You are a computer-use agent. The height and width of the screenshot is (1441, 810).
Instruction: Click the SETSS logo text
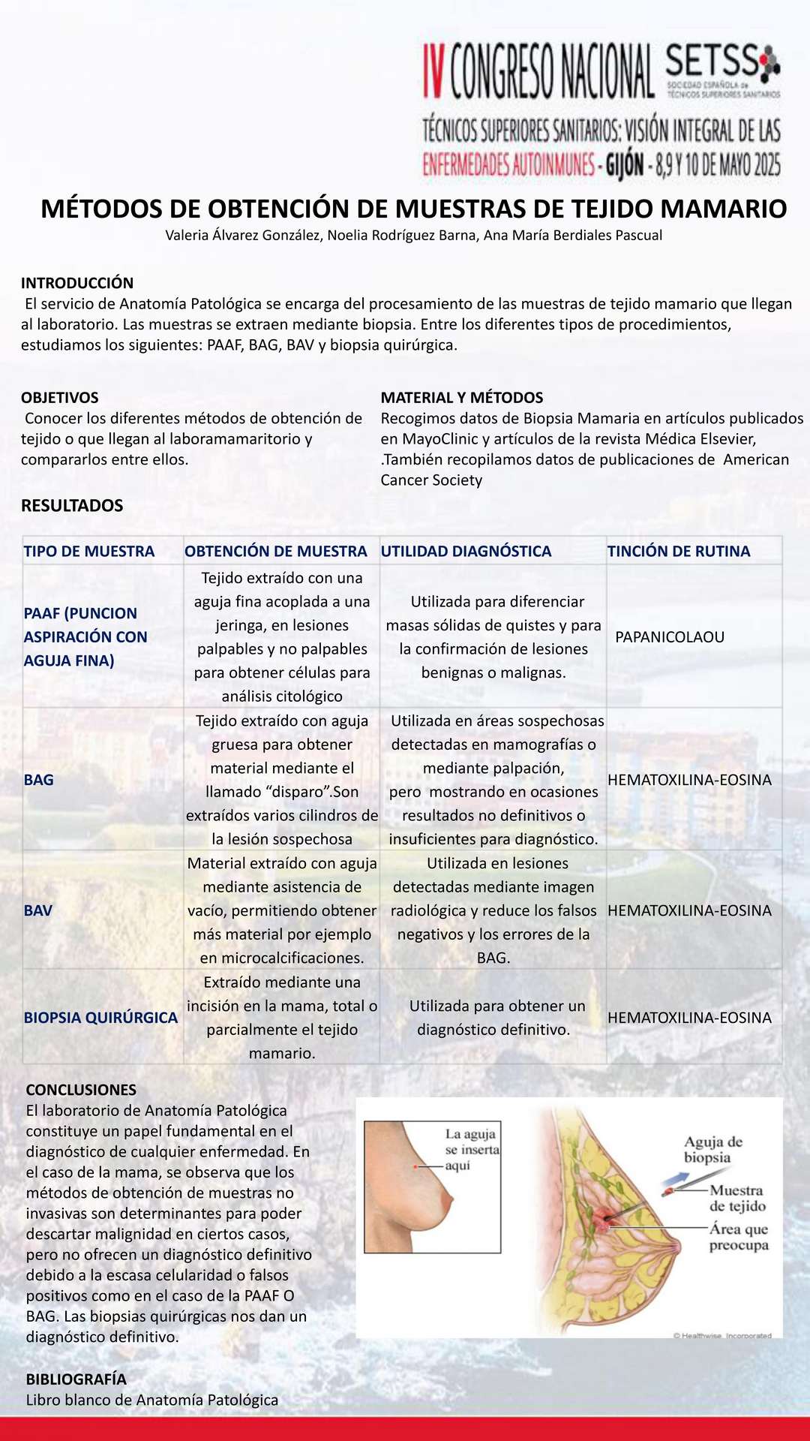(712, 62)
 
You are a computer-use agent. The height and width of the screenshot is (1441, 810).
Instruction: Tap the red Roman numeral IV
(434, 71)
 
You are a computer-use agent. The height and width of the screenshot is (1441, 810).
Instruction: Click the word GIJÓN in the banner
(624, 164)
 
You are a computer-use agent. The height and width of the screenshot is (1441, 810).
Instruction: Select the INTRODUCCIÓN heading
(77, 283)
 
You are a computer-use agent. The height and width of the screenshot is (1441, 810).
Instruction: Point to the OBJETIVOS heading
(60, 398)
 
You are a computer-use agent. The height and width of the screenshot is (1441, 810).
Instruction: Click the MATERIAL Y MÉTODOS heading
(462, 398)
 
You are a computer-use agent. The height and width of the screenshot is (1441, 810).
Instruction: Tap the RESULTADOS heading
(72, 506)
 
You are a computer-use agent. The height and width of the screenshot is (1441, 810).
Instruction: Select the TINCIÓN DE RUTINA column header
(679, 552)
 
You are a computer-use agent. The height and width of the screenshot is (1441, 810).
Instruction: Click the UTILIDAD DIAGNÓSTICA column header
(466, 552)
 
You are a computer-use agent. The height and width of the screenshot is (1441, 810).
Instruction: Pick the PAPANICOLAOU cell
(670, 637)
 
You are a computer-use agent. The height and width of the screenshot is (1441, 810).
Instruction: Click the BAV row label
(38, 911)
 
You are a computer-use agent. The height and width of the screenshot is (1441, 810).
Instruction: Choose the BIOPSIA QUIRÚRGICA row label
(100, 1018)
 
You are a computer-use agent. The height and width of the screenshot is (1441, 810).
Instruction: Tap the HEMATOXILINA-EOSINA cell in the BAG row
(689, 781)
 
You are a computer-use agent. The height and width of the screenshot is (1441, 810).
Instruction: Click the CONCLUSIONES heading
(81, 1091)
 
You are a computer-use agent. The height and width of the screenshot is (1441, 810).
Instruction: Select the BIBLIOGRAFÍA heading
(76, 1379)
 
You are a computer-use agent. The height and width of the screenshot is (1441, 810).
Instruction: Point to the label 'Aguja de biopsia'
(712, 1150)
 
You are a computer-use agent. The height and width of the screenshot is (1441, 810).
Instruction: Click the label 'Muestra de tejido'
(737, 1199)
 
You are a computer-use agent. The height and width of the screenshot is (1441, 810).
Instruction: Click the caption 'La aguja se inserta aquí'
(471, 1149)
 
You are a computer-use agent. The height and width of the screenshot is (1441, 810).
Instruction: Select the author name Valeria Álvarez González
(244, 236)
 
